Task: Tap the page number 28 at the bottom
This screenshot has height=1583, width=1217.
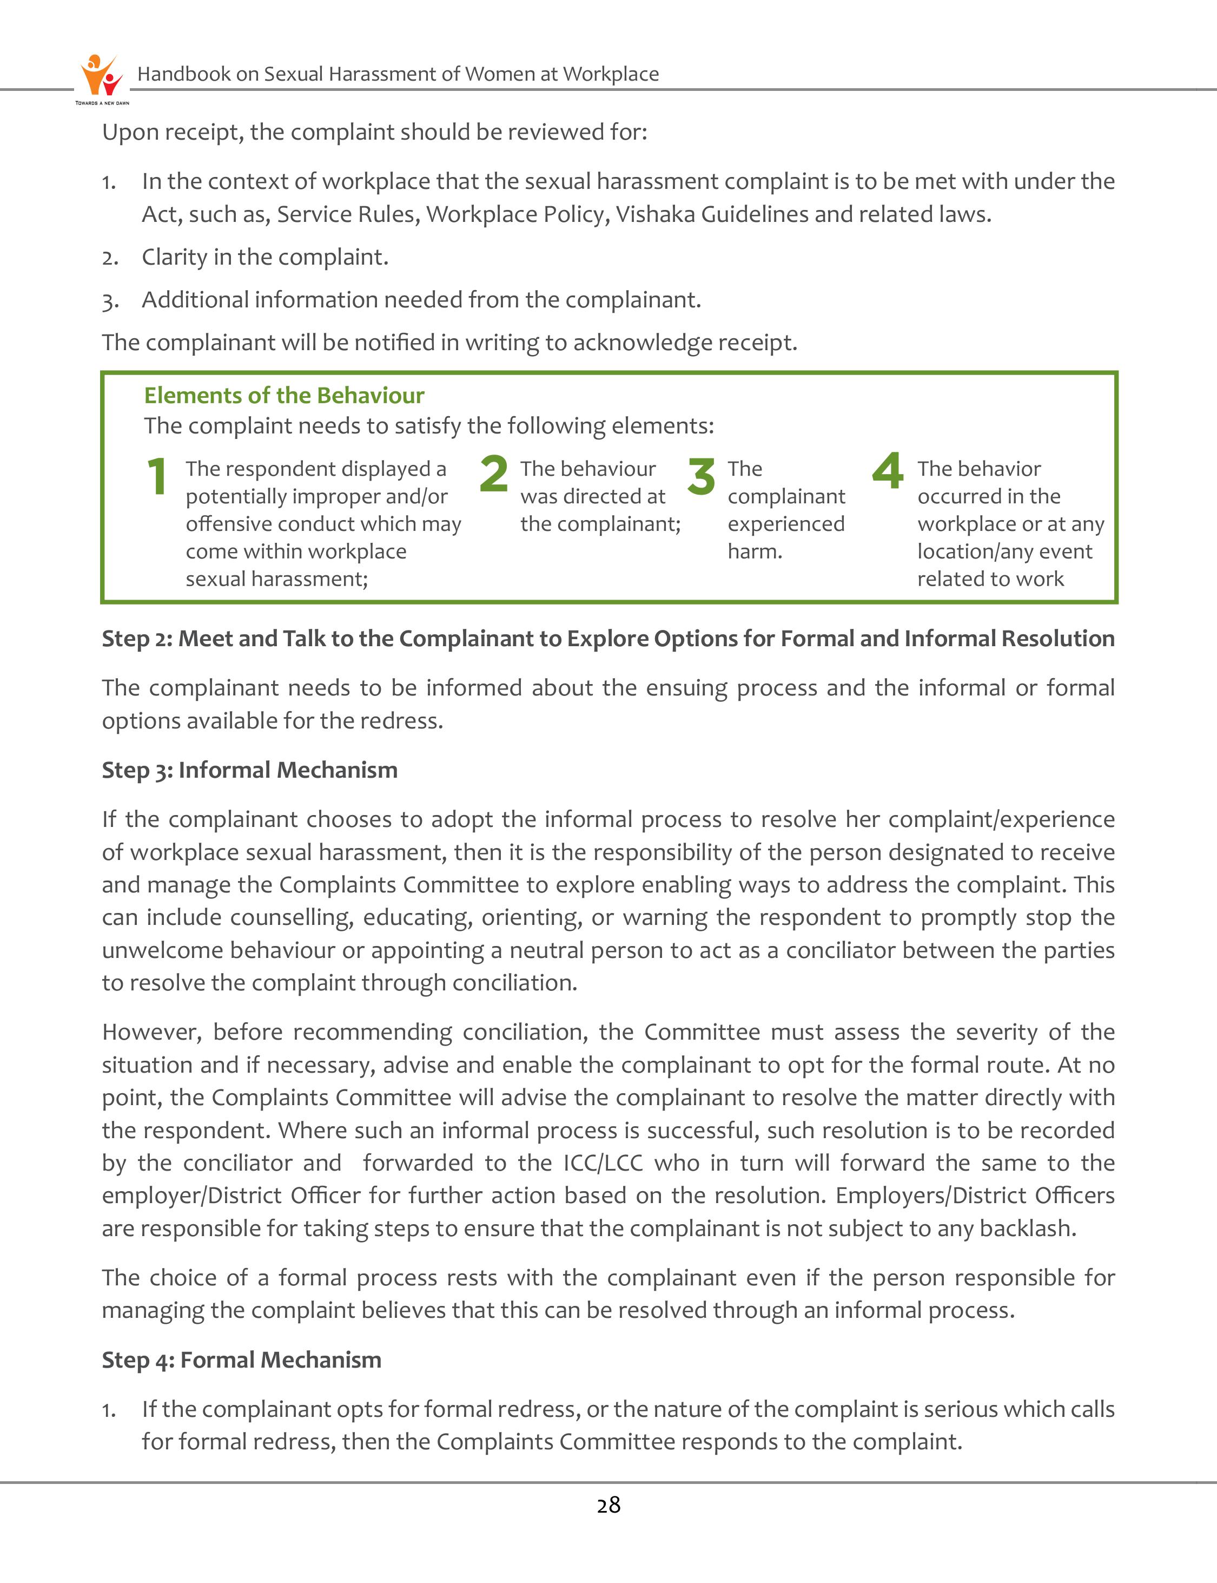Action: pos(608,1506)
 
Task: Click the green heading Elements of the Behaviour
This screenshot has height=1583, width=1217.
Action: pos(284,395)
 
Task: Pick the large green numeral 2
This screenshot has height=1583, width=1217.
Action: pos(493,474)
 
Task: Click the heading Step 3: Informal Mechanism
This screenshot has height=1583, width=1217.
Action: pos(249,770)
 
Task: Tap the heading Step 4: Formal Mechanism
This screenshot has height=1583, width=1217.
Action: pos(241,1359)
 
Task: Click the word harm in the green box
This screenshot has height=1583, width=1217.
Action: pos(754,551)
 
